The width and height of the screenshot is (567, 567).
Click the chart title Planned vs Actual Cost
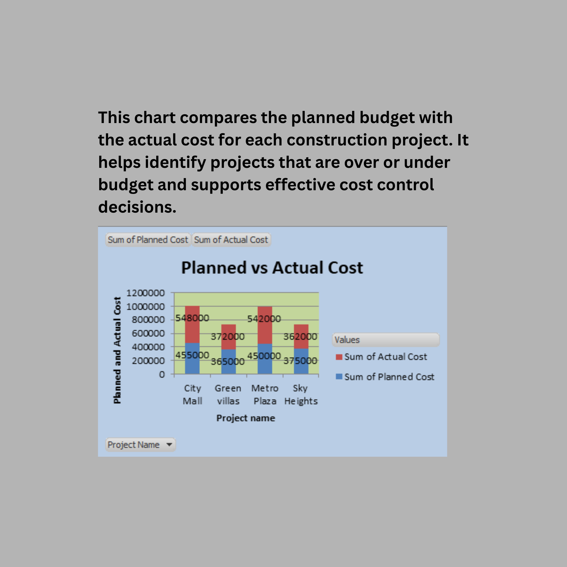click(272, 268)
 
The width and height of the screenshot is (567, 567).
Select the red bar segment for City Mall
click(192, 324)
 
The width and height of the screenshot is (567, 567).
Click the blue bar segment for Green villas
click(229, 361)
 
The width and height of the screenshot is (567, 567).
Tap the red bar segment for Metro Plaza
click(265, 325)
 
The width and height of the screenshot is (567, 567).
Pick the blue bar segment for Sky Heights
click(301, 361)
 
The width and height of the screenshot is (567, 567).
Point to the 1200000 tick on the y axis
click(145, 293)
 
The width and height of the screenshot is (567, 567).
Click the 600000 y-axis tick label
click(149, 333)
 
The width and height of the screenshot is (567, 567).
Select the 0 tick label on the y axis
click(162, 375)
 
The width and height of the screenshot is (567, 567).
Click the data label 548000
click(192, 318)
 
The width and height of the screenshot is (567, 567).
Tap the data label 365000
click(228, 361)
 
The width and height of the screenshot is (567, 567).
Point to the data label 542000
click(264, 319)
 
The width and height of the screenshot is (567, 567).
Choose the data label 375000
click(300, 361)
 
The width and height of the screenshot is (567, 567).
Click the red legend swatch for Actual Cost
click(339, 357)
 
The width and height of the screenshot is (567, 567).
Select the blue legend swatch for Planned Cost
click(339, 376)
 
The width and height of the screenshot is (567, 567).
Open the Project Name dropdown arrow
click(169, 444)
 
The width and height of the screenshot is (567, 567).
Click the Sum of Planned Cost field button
click(148, 240)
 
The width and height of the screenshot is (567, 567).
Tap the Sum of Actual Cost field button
click(231, 240)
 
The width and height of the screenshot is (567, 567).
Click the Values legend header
click(386, 340)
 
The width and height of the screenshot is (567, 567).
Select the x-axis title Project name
click(246, 418)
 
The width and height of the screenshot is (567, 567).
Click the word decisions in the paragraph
click(137, 207)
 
